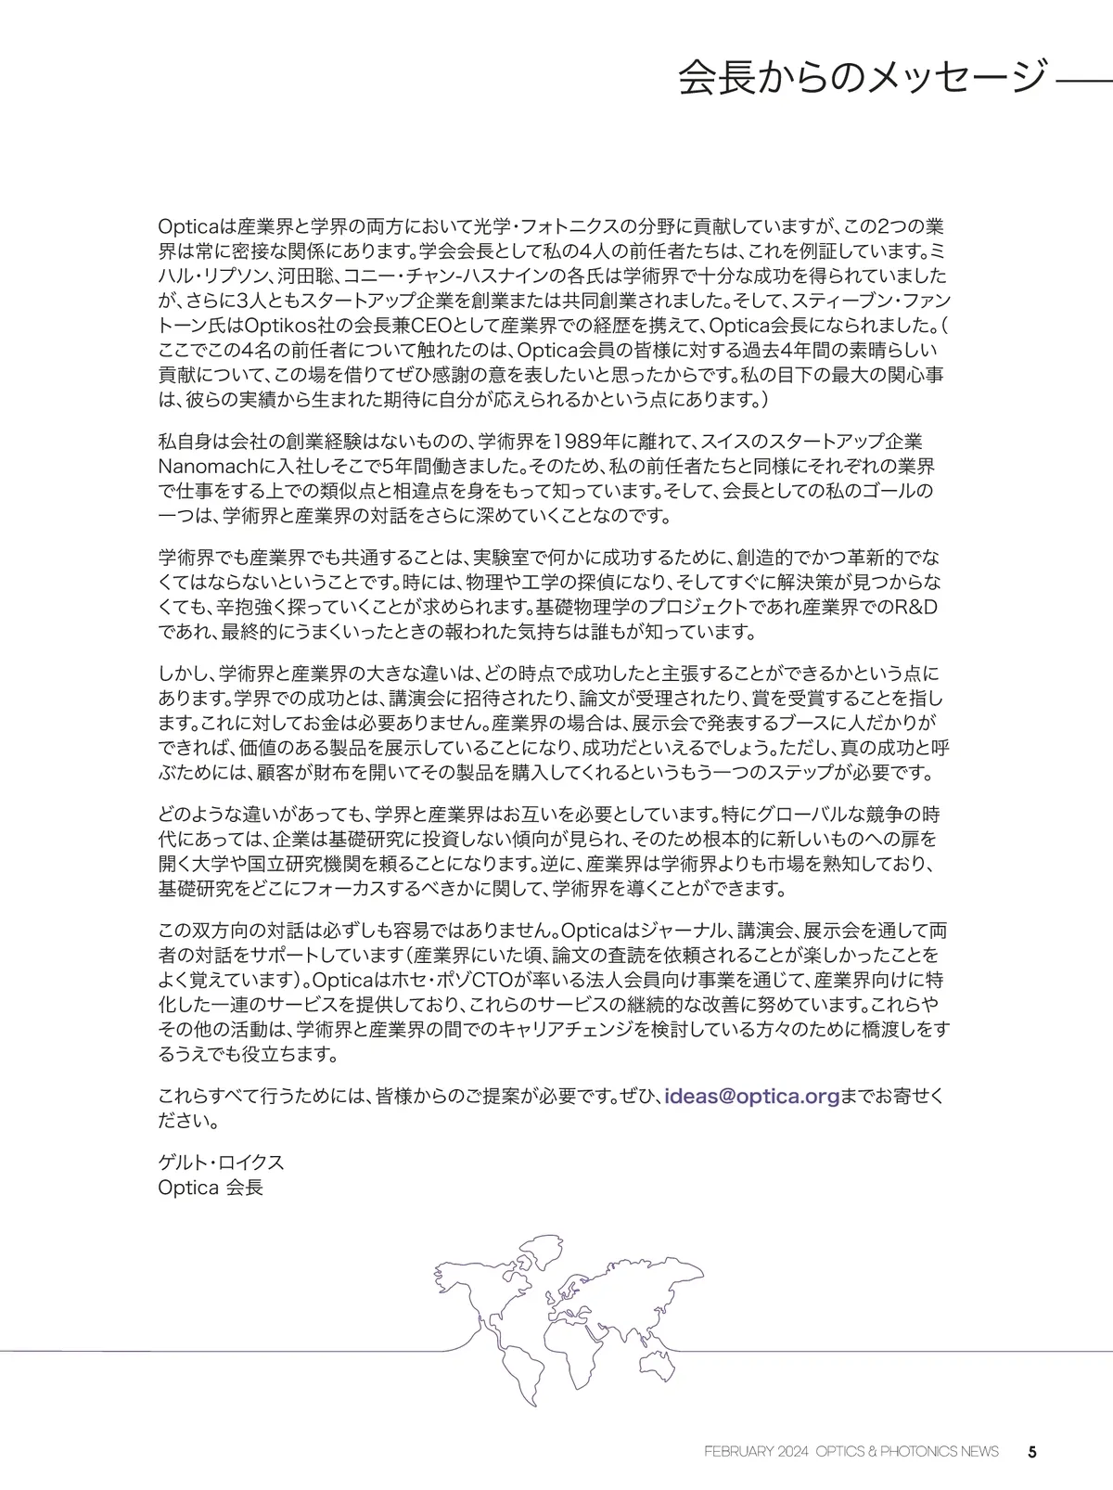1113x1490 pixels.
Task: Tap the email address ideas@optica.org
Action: click(x=753, y=1097)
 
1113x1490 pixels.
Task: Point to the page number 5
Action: click(x=1032, y=1451)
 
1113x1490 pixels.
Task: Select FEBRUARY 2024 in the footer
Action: click(x=757, y=1451)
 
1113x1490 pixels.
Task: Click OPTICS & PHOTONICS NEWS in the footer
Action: click(x=908, y=1451)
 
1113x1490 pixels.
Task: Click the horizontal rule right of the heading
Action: click(x=1083, y=82)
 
